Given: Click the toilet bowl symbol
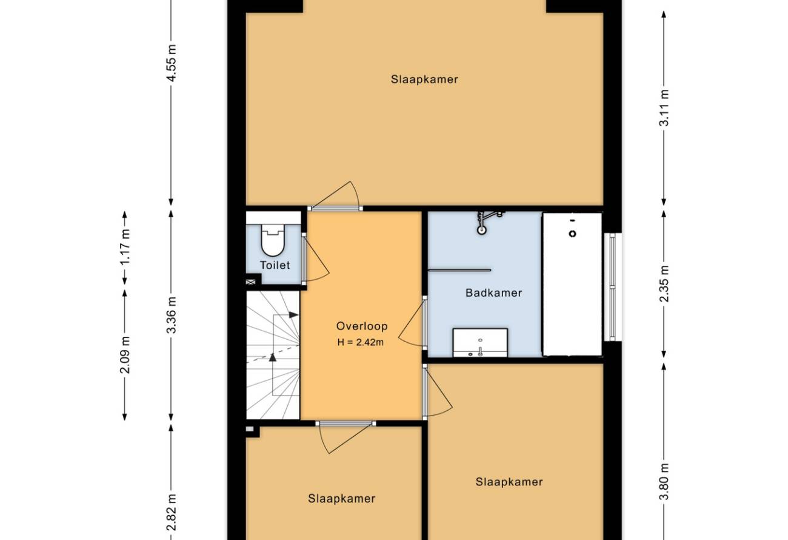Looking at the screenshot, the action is pyautogui.click(x=273, y=240).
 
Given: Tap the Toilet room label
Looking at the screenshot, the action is pyautogui.click(x=275, y=265).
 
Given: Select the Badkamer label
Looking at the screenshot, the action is pyautogui.click(x=493, y=292).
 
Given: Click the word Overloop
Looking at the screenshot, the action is pyautogui.click(x=362, y=326).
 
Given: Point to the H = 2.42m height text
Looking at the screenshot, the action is pyautogui.click(x=361, y=342).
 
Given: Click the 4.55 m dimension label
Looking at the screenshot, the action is pyautogui.click(x=172, y=63).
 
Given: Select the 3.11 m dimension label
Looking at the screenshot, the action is pyautogui.click(x=664, y=108).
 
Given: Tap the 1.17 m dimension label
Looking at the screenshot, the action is pyautogui.click(x=125, y=248).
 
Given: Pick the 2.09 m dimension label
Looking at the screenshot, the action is pyautogui.click(x=125, y=355).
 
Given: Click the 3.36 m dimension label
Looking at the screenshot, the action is pyautogui.click(x=172, y=315).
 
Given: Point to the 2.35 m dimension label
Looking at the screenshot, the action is pyautogui.click(x=664, y=283).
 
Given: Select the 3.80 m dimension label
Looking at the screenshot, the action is pyautogui.click(x=664, y=481).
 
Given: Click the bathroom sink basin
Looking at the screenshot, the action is pyautogui.click(x=480, y=343).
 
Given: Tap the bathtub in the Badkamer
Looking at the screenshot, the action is pyautogui.click(x=572, y=284).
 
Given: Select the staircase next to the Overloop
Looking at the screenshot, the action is pyautogui.click(x=273, y=355).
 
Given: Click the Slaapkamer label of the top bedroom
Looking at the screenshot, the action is pyautogui.click(x=424, y=79).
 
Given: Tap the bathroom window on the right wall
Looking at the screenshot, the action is pyautogui.click(x=612, y=287).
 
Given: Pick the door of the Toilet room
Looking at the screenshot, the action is pyautogui.click(x=315, y=258).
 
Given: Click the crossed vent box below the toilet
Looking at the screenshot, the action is pyautogui.click(x=250, y=282).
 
